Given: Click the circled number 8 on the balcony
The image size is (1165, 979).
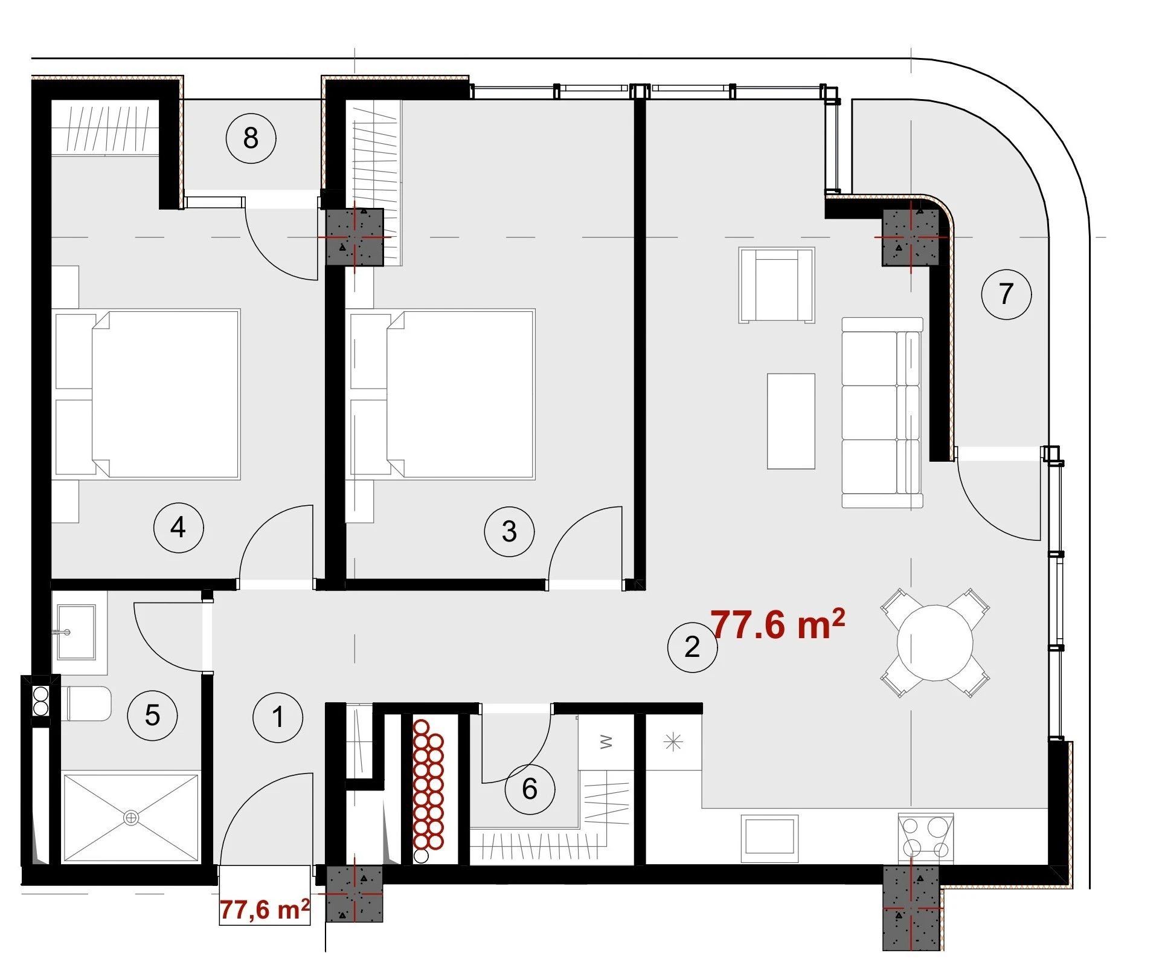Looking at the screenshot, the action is tap(251, 138).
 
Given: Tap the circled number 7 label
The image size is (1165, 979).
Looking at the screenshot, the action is tap(1006, 294).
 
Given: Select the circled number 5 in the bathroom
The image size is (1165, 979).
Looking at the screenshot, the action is tap(152, 716).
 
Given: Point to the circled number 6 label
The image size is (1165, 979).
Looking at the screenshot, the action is tap(530, 789).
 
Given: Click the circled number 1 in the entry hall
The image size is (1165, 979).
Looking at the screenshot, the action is tap(278, 717).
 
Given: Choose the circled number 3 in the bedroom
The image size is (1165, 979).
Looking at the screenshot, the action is tap(509, 531).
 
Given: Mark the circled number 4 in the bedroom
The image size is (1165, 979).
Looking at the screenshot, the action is tap(178, 528).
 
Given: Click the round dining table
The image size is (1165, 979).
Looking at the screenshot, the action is tap(935, 643).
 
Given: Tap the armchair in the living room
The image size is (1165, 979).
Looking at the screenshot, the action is tap(777, 285).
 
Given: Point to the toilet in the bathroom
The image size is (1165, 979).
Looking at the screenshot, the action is tap(86, 703).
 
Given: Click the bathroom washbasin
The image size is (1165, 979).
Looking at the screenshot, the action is tap(76, 632).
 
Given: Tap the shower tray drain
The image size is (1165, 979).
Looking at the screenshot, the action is tap(131, 818).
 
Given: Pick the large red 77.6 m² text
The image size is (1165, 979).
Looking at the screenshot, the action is tap(778, 624).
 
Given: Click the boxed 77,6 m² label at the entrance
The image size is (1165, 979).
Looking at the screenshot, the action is tap(265, 910).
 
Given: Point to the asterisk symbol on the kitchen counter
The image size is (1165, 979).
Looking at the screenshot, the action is tap(673, 742).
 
